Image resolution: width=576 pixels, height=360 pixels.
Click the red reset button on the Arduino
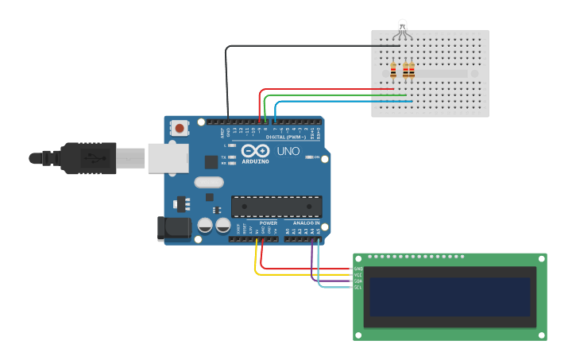pyautogui.click(x=180, y=128)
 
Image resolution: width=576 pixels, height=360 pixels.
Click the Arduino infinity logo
pyautogui.click(x=256, y=151)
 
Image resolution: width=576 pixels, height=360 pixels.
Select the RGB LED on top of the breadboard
pyautogui.click(x=403, y=29)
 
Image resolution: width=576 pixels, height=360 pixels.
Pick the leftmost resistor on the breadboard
pyautogui.click(x=393, y=72)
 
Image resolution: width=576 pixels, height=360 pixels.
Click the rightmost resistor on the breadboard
pyautogui.click(x=412, y=72)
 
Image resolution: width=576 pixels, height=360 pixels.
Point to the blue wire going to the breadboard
pyautogui.click(x=342, y=102)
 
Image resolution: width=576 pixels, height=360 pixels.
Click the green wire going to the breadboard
pyautogui.click(x=334, y=95)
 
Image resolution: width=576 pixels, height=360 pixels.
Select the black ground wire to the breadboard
pyautogui.click(x=302, y=46)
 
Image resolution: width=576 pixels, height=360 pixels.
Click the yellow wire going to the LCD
pyautogui.click(x=302, y=274)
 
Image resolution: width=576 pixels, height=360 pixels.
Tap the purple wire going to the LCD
pyautogui.click(x=334, y=281)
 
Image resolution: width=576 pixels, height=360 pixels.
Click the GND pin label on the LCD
pyautogui.click(x=358, y=269)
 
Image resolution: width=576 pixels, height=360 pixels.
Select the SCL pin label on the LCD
pyautogui.click(x=358, y=287)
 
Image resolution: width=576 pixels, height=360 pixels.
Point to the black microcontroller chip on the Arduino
pyautogui.click(x=276, y=206)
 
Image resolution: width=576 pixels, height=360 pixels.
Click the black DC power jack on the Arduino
pyautogui.click(x=175, y=228)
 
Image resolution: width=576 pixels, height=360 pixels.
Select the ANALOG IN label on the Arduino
pyautogui.click(x=306, y=223)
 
